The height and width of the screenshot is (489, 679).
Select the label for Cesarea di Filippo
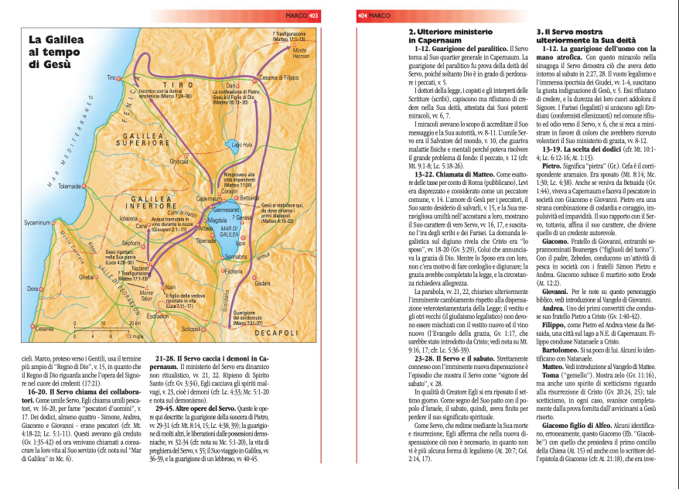[279, 77]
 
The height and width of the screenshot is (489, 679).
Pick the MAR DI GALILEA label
[230, 232]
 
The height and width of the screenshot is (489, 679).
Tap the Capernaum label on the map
[208, 199]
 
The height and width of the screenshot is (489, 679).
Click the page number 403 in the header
[313, 15]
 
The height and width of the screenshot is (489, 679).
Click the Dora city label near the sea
[32, 289]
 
